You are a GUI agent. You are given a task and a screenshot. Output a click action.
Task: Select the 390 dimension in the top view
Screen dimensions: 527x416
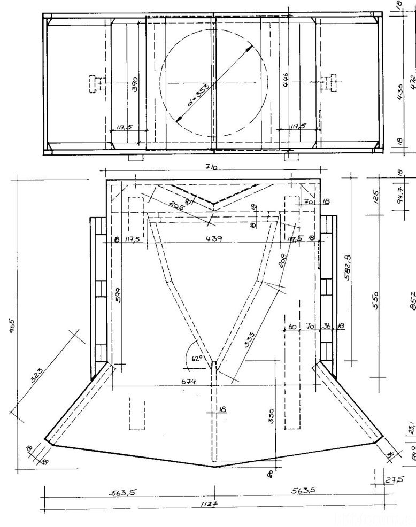[x=135, y=84]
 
